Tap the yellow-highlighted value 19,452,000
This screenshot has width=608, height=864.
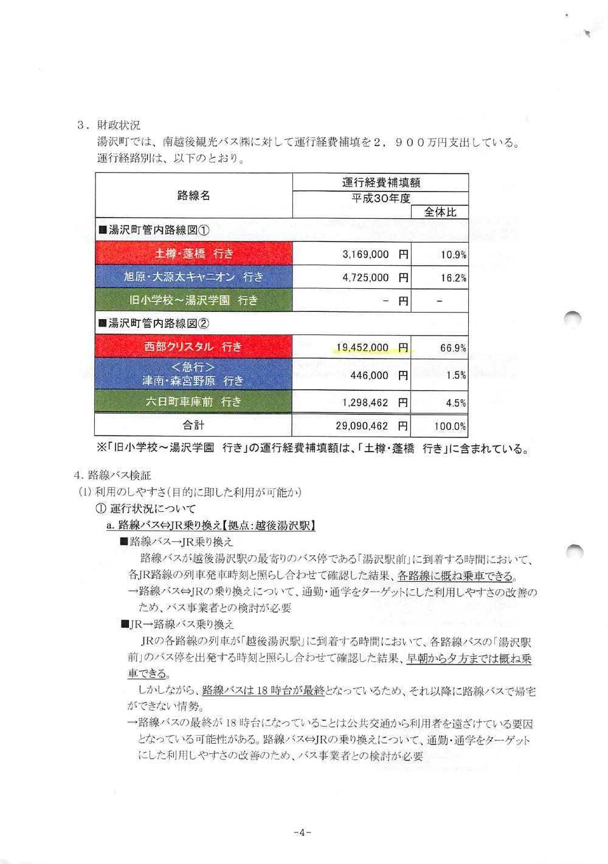pyautogui.click(x=362, y=348)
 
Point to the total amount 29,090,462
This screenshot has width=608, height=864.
pyautogui.click(x=362, y=426)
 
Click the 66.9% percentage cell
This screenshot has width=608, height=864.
pyautogui.click(x=453, y=348)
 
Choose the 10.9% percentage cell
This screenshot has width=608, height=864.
pyautogui.click(x=454, y=255)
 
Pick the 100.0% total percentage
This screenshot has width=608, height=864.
pyautogui.click(x=451, y=426)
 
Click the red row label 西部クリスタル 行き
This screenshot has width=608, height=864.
pyautogui.click(x=193, y=347)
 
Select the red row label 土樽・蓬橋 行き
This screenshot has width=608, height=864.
pyautogui.click(x=194, y=254)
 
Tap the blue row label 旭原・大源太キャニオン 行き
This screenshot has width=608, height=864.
pyautogui.click(x=193, y=277)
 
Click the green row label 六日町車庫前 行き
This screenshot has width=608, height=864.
pyautogui.click(x=193, y=402)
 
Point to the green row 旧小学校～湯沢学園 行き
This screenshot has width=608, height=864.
pyautogui.click(x=193, y=300)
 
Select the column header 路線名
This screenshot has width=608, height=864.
pyautogui.click(x=194, y=195)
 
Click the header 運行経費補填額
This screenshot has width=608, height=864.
pyautogui.click(x=381, y=182)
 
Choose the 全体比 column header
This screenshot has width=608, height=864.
pyautogui.click(x=440, y=212)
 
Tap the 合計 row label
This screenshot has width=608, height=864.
pyautogui.click(x=194, y=425)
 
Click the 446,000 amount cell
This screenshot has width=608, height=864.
pyautogui.click(x=369, y=375)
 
